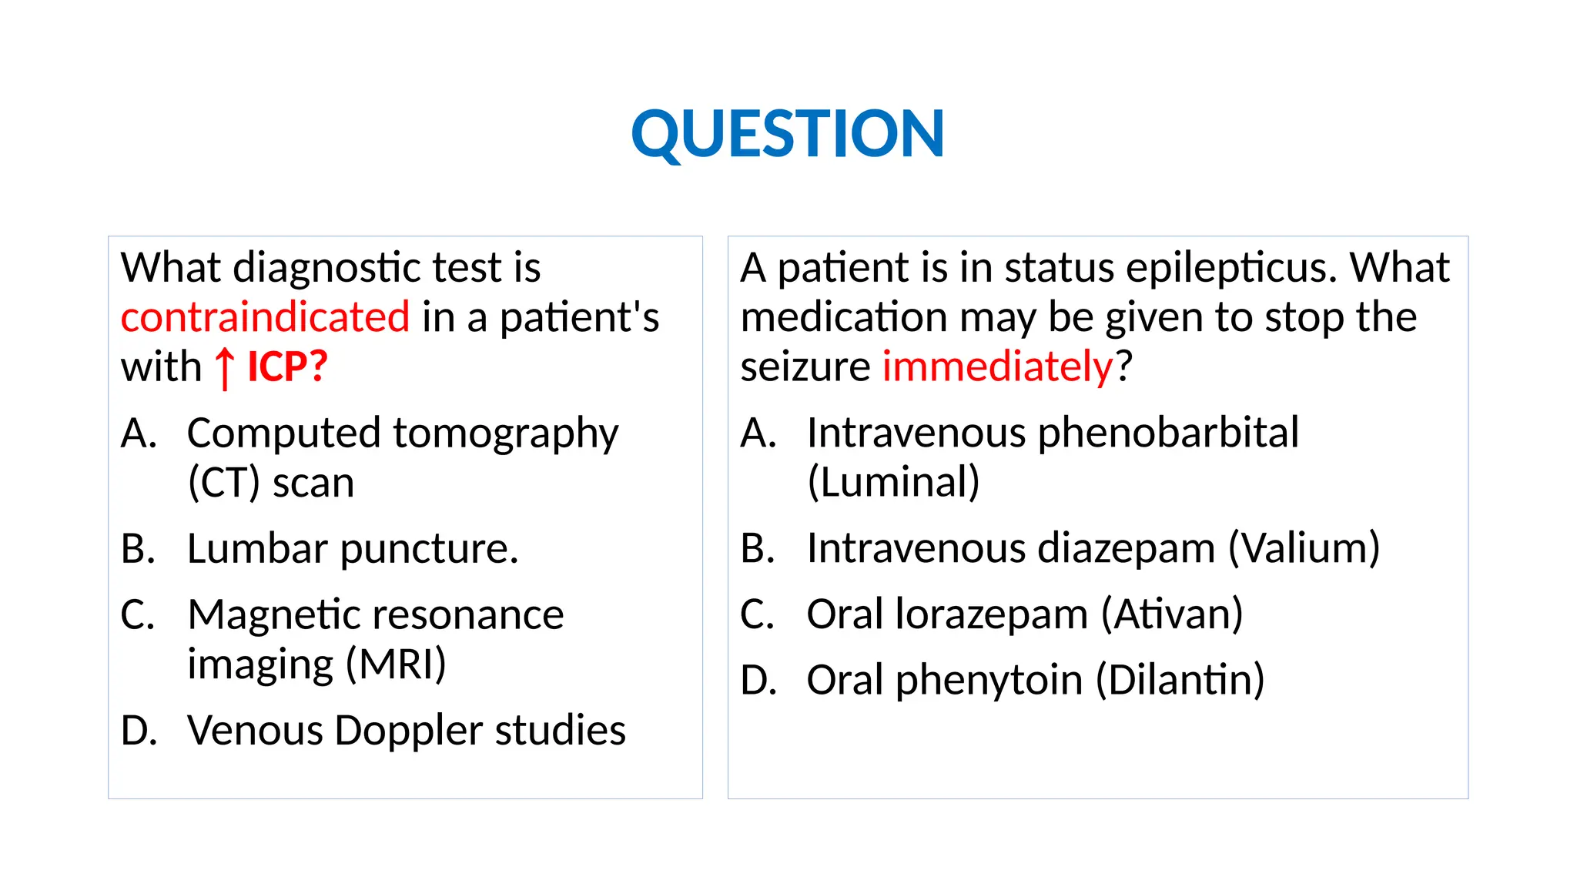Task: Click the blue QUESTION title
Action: [x=787, y=134]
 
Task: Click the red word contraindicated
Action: [x=265, y=317]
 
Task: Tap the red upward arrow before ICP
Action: [x=224, y=368]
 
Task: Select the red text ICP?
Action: [x=287, y=367]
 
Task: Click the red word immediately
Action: [x=997, y=367]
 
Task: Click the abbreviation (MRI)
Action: [x=395, y=664]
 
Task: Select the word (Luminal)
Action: [x=893, y=483]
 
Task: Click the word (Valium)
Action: [x=1303, y=549]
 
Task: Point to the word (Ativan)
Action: [x=1171, y=615]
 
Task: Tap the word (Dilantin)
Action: [x=1180, y=681]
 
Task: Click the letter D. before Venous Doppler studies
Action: [x=139, y=731]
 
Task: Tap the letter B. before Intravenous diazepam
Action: [x=758, y=549]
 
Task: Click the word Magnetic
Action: [x=259, y=615]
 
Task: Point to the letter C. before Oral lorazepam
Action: [x=758, y=615]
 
